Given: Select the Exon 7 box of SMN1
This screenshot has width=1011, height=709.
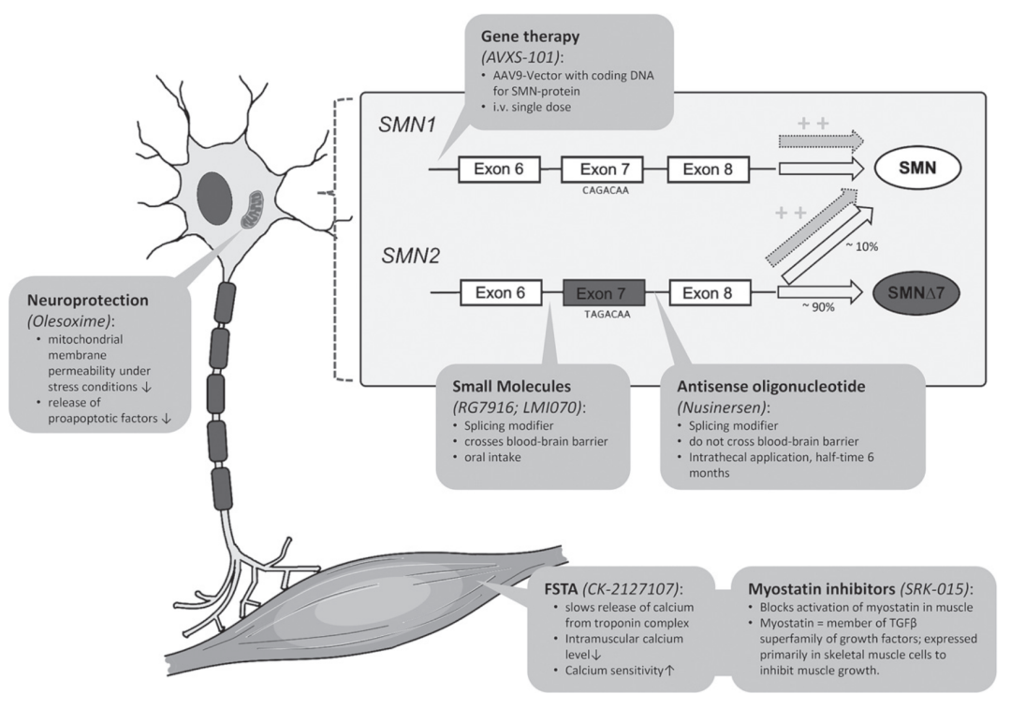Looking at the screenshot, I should [x=599, y=170].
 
